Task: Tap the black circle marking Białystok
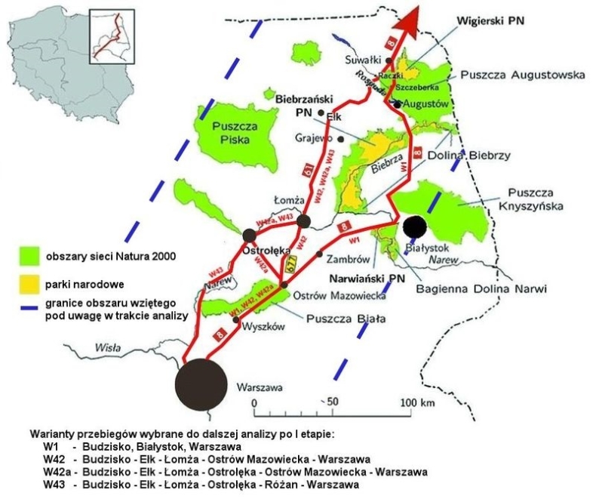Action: tap(415, 226)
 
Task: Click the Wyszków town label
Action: tap(259, 328)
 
